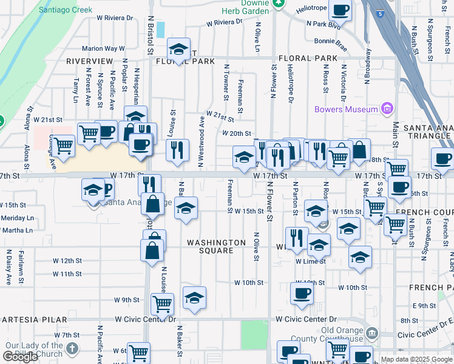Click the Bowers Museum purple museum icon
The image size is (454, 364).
coord(387,109)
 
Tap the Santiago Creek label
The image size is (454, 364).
coord(65,10)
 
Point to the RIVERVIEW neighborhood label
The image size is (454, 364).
coord(90,61)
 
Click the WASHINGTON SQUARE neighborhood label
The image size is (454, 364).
coord(210,246)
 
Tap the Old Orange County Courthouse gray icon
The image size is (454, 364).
coord(371,333)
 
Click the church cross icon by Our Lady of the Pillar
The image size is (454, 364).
coord(72,348)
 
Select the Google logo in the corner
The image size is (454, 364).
coord(20,357)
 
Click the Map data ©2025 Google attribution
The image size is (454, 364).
coord(416,359)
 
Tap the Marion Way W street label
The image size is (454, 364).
coord(103,49)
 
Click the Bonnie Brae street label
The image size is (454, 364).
coord(330,40)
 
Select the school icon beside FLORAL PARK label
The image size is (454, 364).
coord(178,49)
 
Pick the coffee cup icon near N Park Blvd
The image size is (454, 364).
coord(340,10)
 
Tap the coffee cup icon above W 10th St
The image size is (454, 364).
coord(302,294)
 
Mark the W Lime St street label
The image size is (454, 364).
coord(311,261)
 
